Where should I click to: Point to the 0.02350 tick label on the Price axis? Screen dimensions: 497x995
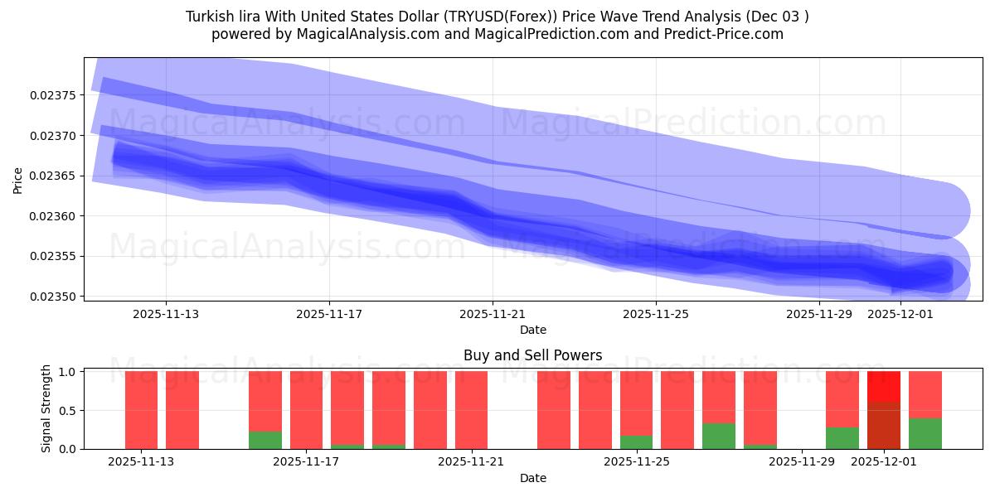click(x=53, y=297)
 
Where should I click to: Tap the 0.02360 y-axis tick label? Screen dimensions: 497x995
click(x=53, y=216)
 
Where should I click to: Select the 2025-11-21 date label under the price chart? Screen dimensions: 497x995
click(x=493, y=314)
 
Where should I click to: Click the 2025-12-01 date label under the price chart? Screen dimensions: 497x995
click(x=900, y=314)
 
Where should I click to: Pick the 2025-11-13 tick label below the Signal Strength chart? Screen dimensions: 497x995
click(x=141, y=461)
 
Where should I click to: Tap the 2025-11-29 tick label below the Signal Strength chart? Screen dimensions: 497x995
click(x=802, y=461)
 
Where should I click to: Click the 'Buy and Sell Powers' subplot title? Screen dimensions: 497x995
click(x=532, y=356)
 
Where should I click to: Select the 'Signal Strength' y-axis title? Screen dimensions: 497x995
click(x=46, y=408)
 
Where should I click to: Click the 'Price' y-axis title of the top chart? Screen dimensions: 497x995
click(x=18, y=179)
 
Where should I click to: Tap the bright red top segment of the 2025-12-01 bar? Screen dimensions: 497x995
click(x=884, y=387)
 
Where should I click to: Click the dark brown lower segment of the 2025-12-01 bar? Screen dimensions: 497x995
click(x=884, y=426)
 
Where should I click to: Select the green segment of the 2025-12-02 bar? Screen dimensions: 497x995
click(x=925, y=433)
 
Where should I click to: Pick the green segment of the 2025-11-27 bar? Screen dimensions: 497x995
click(x=719, y=436)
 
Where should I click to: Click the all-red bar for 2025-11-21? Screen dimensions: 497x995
click(x=471, y=410)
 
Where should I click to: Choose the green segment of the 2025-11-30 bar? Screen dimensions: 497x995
click(x=842, y=438)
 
